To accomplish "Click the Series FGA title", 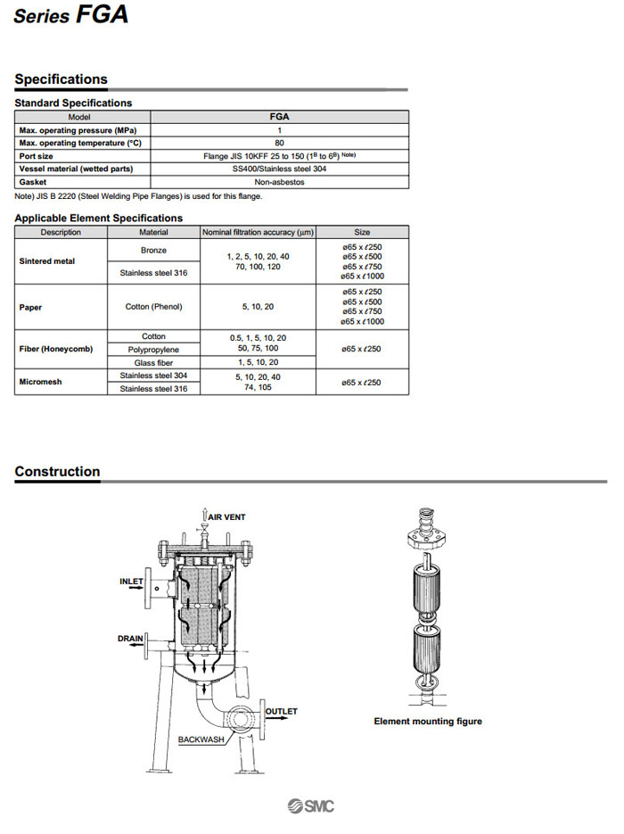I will (x=70, y=15).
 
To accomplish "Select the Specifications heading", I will (x=61, y=79).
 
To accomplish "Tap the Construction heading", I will (x=57, y=472).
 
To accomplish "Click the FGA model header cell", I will (x=279, y=116).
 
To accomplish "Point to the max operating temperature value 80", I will (x=279, y=143).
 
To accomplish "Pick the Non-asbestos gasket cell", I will (x=279, y=182).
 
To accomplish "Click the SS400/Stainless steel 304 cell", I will (x=279, y=169).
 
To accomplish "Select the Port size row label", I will (x=37, y=156).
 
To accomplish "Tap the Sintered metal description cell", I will (x=47, y=261).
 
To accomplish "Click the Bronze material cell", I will (x=153, y=251).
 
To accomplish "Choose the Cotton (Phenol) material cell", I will (x=153, y=308).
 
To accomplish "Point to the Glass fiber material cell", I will (x=153, y=363).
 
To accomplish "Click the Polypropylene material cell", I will (x=153, y=350).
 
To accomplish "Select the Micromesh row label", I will (x=40, y=383).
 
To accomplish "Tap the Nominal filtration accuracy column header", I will (x=258, y=232).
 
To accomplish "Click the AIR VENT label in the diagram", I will (x=226, y=516).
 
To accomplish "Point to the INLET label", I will (x=131, y=582).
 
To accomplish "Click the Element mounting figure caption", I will (x=427, y=722).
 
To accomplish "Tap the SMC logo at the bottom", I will (x=311, y=806).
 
